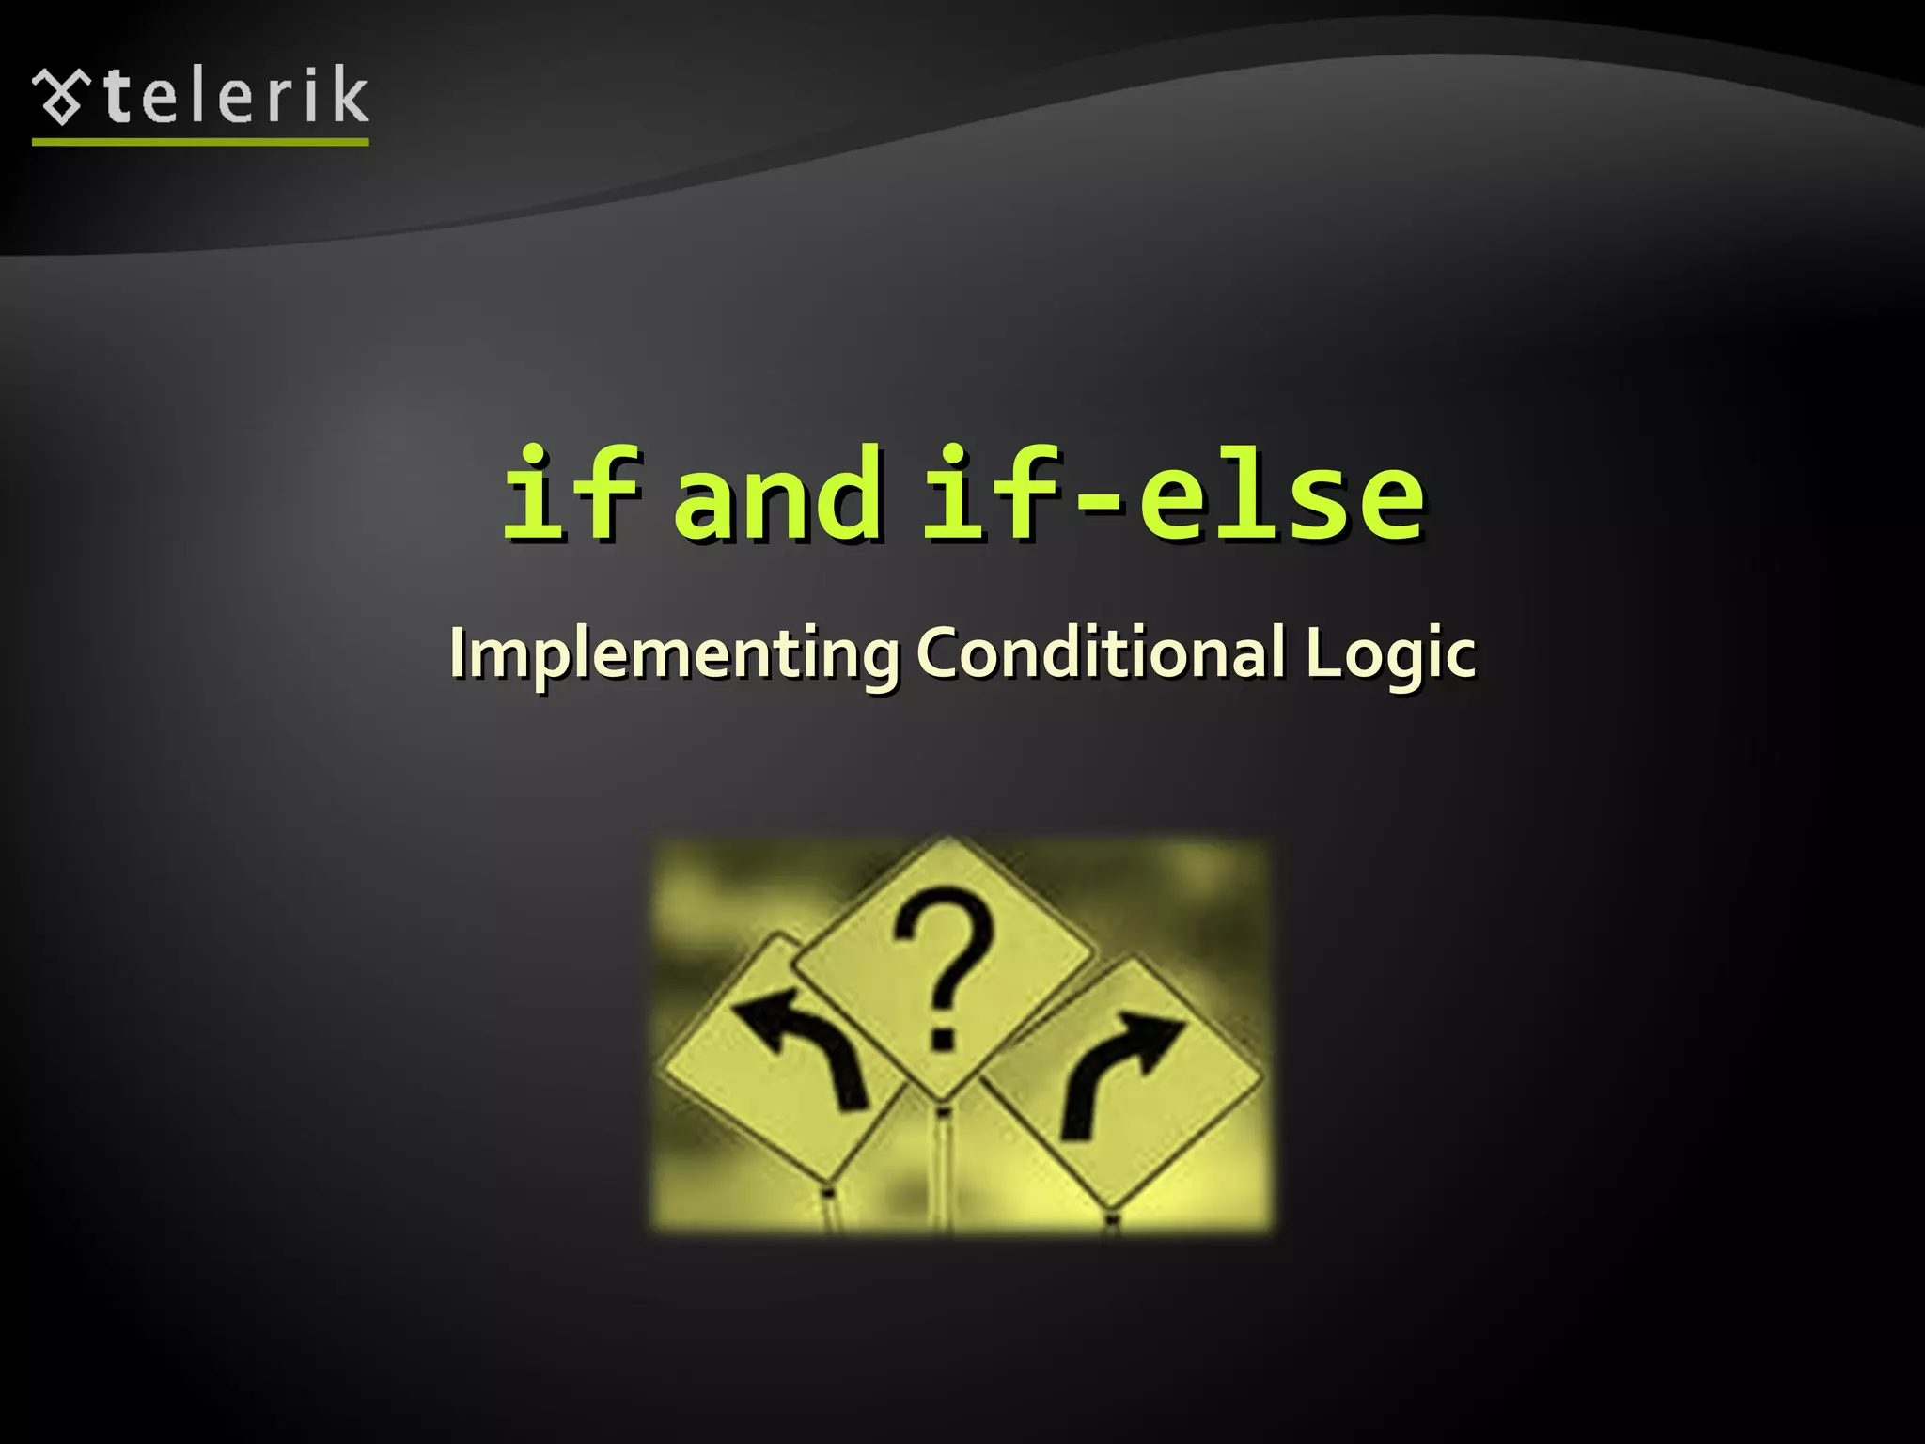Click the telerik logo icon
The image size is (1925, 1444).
tap(61, 96)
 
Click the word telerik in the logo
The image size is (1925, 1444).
tap(235, 96)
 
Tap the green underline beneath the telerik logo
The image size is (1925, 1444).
tap(200, 142)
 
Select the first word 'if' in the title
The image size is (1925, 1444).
tap(571, 494)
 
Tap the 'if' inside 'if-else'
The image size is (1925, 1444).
tap(992, 494)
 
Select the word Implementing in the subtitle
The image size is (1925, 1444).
tap(673, 653)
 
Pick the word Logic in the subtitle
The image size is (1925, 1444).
tap(1390, 654)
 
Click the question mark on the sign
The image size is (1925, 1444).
tap(944, 965)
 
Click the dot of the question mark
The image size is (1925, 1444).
tap(942, 1038)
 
